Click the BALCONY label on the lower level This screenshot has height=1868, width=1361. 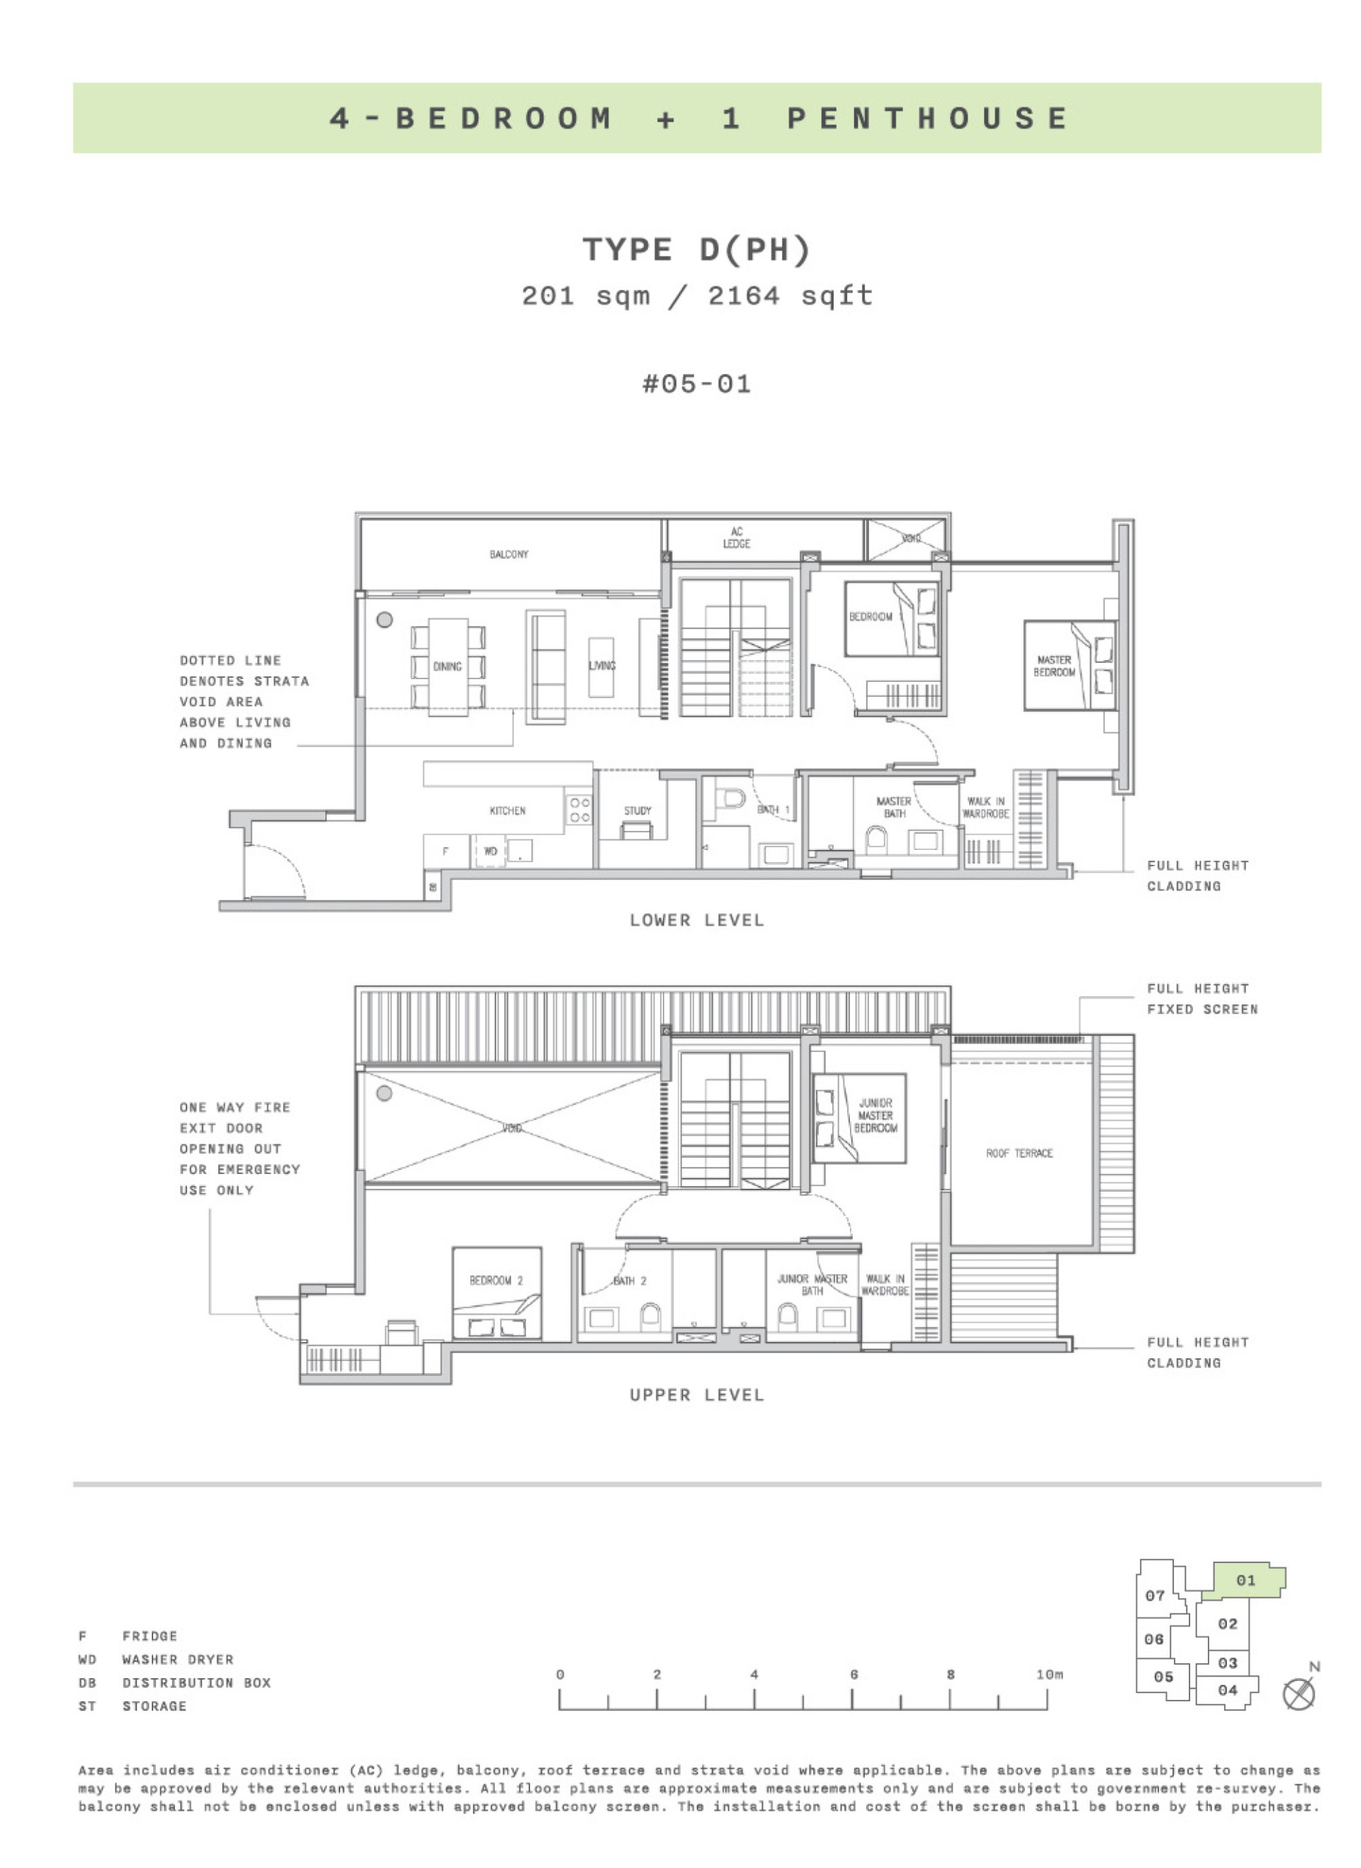(x=508, y=554)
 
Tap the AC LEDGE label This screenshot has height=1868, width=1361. (x=736, y=537)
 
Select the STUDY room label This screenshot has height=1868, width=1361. (x=637, y=810)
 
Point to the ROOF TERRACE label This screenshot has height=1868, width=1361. (x=1019, y=1153)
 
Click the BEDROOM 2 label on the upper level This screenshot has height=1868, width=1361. (x=496, y=1280)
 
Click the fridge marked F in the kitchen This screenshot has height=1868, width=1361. (x=446, y=851)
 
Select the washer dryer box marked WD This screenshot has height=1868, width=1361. (x=491, y=851)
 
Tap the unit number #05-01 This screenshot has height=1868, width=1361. (x=696, y=384)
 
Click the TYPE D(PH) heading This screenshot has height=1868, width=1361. (x=696, y=249)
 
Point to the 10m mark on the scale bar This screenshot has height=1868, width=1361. (x=1048, y=1674)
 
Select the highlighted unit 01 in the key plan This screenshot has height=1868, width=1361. (x=1245, y=1579)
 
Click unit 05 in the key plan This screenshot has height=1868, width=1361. (x=1163, y=1676)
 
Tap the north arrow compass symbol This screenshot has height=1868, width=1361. (x=1299, y=1694)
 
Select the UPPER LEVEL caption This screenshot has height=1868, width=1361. (x=696, y=1394)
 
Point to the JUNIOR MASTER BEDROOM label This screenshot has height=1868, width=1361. (x=875, y=1115)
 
